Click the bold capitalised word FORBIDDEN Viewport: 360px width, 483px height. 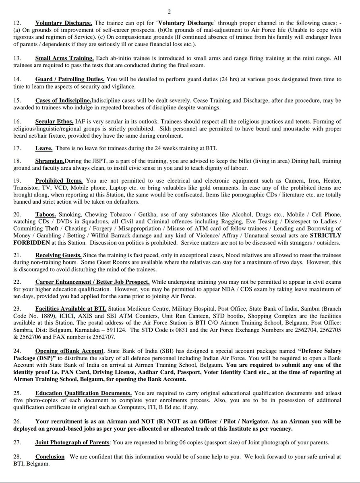[x=27, y=243]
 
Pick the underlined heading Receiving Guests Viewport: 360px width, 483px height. [x=58, y=255]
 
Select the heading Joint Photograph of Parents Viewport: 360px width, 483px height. [x=72, y=442]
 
